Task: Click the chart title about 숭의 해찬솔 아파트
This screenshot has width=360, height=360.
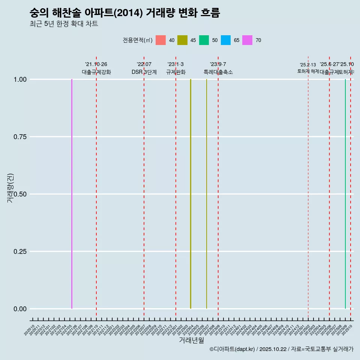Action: tap(124, 13)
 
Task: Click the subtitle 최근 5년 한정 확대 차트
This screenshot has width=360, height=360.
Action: tap(64, 24)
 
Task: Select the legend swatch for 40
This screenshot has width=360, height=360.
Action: tap(160, 40)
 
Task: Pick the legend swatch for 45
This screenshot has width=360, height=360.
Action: tap(182, 40)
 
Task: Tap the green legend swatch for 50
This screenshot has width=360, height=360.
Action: tap(204, 40)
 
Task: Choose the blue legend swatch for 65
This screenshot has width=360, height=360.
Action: tap(226, 40)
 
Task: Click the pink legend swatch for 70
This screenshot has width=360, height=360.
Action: tap(247, 40)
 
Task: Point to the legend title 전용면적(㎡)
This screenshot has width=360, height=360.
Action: tap(137, 40)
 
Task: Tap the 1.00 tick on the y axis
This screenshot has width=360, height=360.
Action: tap(20, 79)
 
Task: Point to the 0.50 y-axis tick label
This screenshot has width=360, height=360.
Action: tap(20, 194)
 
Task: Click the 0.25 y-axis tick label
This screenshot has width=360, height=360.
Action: tap(20, 252)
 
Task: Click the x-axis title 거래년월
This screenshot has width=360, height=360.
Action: tap(191, 340)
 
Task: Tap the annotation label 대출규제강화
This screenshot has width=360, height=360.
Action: tap(96, 72)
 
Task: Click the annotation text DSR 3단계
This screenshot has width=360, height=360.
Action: tap(144, 72)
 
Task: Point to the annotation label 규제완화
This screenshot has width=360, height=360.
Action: tap(176, 72)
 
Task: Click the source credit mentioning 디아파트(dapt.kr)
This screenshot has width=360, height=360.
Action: tap(281, 349)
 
